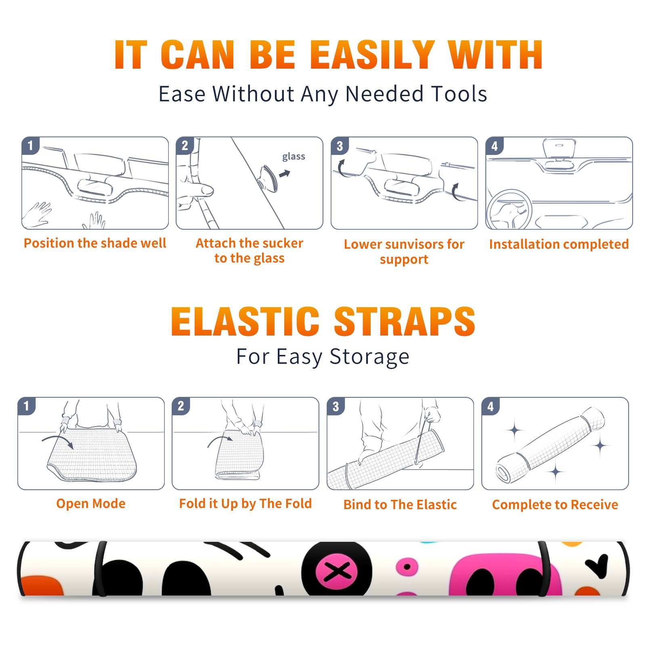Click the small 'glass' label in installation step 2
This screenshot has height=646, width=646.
click(x=294, y=157)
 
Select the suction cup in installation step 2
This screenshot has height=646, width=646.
click(x=268, y=178)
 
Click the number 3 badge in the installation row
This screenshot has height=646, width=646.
click(x=340, y=146)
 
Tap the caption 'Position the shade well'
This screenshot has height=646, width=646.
click(x=95, y=243)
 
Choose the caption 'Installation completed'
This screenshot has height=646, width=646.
click(x=559, y=244)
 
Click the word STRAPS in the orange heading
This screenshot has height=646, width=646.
click(x=405, y=321)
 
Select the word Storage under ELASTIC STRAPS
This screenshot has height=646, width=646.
click(x=369, y=357)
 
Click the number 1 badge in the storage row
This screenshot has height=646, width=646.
click(x=27, y=406)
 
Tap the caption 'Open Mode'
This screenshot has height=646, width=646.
click(x=91, y=503)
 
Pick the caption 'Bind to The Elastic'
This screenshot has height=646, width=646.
click(x=400, y=504)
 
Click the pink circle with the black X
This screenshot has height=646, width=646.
click(x=337, y=571)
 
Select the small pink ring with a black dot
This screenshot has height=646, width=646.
click(x=407, y=567)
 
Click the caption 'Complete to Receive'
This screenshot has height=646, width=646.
click(x=555, y=504)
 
